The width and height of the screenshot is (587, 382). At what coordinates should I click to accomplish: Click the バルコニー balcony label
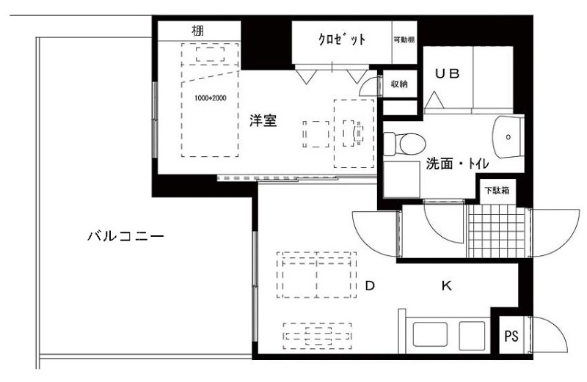click(x=125, y=236)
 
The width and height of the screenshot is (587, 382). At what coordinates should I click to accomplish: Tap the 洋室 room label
click(x=263, y=121)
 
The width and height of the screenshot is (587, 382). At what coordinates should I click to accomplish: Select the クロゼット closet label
click(x=341, y=39)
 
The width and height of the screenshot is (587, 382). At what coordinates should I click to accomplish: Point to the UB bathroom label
click(x=448, y=74)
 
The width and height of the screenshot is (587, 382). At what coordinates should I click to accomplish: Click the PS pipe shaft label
click(x=511, y=336)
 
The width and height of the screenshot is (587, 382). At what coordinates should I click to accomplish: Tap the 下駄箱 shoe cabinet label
click(x=497, y=190)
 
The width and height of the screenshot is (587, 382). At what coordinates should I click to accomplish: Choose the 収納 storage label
click(x=399, y=84)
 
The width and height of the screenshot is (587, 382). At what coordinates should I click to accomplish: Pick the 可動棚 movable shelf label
click(x=404, y=40)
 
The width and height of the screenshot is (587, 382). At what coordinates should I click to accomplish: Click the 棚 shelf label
click(x=197, y=30)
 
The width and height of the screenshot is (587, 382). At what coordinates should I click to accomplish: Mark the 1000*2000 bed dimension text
click(x=211, y=98)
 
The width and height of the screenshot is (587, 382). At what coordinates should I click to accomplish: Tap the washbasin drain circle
click(x=508, y=137)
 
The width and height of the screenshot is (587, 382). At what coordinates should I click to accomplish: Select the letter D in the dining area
click(x=370, y=286)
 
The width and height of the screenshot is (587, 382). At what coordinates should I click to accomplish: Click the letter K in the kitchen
click(x=447, y=286)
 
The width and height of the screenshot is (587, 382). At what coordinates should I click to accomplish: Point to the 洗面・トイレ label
click(x=457, y=164)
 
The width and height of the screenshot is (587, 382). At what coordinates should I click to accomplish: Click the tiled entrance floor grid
click(x=497, y=231)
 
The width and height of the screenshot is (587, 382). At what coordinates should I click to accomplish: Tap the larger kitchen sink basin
click(x=430, y=334)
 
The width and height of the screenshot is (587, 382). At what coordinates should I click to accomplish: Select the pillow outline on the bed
click(x=210, y=54)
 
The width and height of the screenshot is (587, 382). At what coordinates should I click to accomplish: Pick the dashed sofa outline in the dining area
click(x=316, y=275)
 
